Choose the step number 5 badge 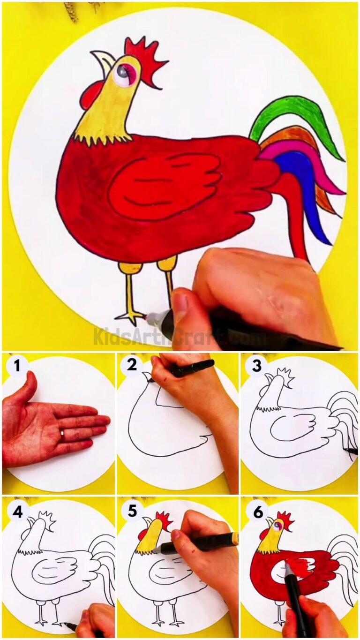(x=132, y=511)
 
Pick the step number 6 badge (x=258, y=512)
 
